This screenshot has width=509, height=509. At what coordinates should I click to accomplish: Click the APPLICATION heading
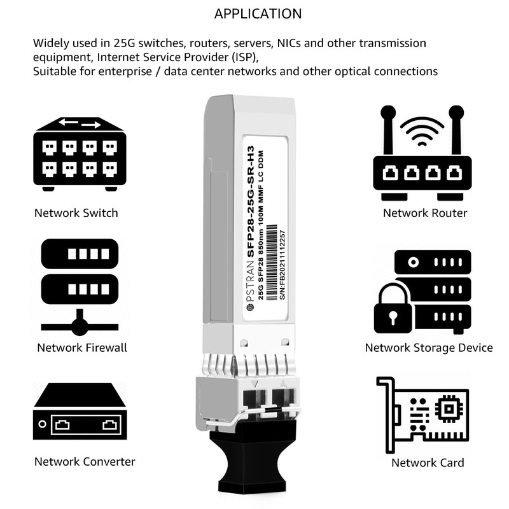point(258,14)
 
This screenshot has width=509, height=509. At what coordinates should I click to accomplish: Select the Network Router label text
point(425,213)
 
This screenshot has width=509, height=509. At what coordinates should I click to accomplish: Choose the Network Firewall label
point(82,347)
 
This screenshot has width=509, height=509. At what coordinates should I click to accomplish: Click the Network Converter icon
point(80,411)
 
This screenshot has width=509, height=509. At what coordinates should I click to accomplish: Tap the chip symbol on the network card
point(449,408)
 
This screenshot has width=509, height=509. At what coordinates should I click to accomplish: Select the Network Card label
point(428,463)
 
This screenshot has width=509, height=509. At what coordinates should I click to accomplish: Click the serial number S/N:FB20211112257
point(282,265)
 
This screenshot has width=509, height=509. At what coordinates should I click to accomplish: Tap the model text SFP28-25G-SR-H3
point(250,202)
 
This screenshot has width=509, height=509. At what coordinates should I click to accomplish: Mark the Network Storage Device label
point(429,347)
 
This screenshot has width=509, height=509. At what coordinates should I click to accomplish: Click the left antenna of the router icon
point(387,130)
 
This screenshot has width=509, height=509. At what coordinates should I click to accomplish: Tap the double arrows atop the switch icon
point(80,123)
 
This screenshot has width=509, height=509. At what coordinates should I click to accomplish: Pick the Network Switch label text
point(76,213)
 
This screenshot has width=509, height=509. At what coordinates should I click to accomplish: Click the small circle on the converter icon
point(42,424)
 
